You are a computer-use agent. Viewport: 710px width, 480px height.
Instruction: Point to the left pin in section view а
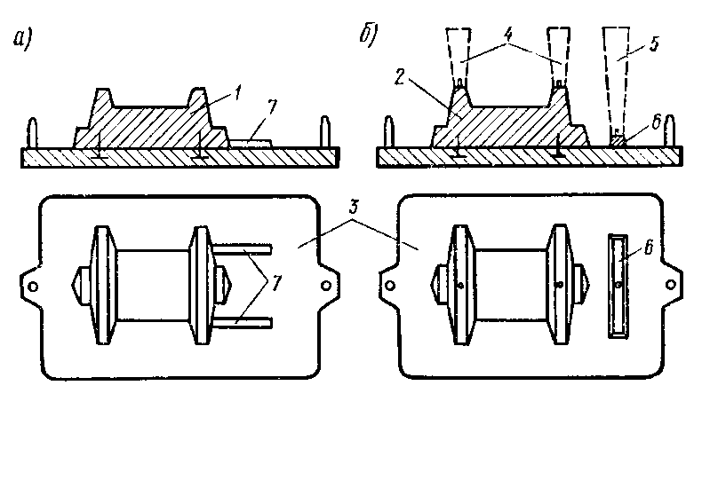pos(34,134)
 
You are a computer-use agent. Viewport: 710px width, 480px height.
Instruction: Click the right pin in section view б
pos(672,132)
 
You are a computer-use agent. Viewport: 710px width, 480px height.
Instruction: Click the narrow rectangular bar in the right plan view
pos(619,286)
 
